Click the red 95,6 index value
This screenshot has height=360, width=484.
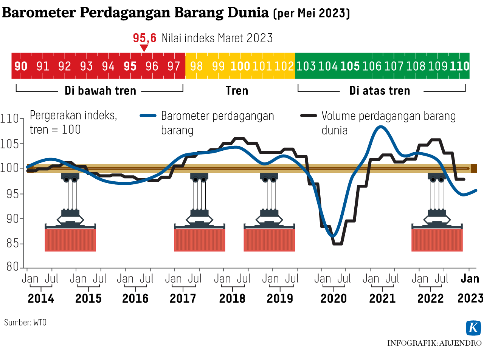144,38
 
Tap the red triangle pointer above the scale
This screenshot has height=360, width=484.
144,48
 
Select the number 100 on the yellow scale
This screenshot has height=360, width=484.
240,66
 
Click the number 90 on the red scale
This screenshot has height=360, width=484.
21,66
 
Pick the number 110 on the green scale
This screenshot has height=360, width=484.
459,66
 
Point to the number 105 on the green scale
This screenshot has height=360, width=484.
350,66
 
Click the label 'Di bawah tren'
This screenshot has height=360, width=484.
100,91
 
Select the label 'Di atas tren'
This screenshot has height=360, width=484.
380,91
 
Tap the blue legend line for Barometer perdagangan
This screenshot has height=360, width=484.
148,116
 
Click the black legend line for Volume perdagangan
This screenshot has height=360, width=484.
309,116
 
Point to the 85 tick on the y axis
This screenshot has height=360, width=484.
13,243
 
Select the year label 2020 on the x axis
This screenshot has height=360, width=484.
334,298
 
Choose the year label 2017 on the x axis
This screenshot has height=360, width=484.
183,298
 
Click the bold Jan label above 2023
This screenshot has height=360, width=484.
470,279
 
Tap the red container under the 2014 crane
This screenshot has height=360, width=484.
70,240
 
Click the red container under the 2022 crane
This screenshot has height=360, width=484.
437,240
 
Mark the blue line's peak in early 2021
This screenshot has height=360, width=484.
380,127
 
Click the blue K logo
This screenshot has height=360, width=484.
473,328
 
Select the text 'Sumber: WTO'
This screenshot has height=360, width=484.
25,322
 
